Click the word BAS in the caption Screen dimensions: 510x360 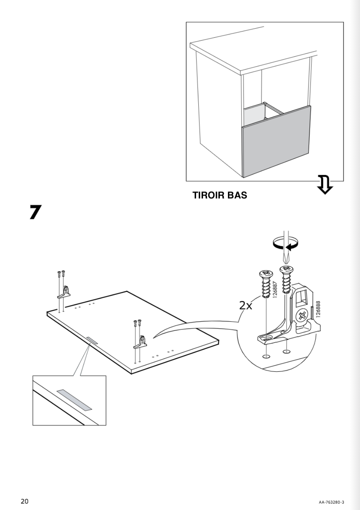point(237,195)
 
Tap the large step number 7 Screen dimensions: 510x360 point(35,212)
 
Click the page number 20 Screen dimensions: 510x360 point(25,501)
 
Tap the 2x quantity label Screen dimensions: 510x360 point(246,305)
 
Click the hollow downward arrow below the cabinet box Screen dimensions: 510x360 point(325,184)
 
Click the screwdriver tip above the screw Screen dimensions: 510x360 point(286,259)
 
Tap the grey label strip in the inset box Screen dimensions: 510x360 point(74,400)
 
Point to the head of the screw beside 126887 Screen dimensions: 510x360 point(266,274)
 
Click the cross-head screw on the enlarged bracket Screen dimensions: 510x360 point(302,316)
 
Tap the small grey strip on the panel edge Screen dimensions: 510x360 point(92,341)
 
